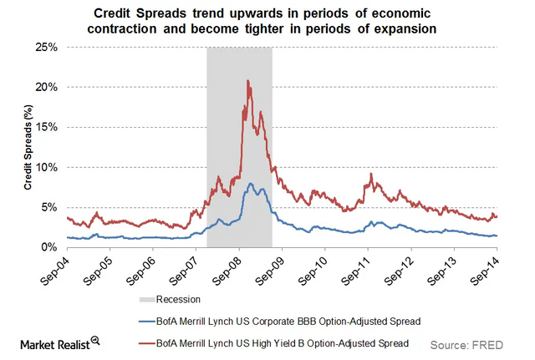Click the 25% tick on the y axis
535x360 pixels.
[x=45, y=48]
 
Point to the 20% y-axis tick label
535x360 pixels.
[x=45, y=88]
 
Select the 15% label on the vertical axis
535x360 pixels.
[x=45, y=128]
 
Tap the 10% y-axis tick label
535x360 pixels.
[x=45, y=168]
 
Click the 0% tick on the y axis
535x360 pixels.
[x=48, y=248]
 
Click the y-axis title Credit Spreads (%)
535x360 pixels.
[x=28, y=148]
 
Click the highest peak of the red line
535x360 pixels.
[x=247, y=81]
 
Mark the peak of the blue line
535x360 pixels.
[x=251, y=183]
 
